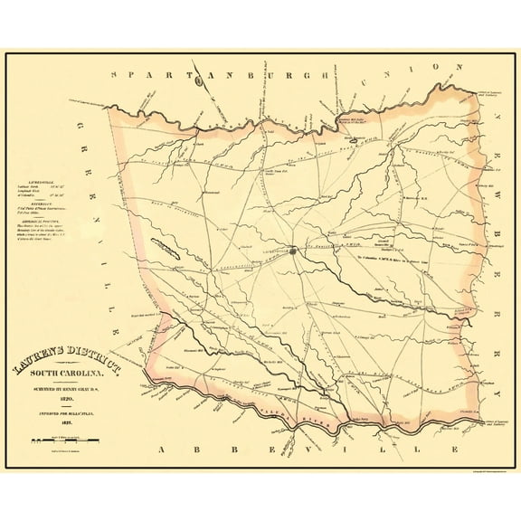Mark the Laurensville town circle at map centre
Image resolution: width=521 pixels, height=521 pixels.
coord(293,251)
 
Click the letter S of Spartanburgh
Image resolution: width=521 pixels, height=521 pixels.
coord(113,75)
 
